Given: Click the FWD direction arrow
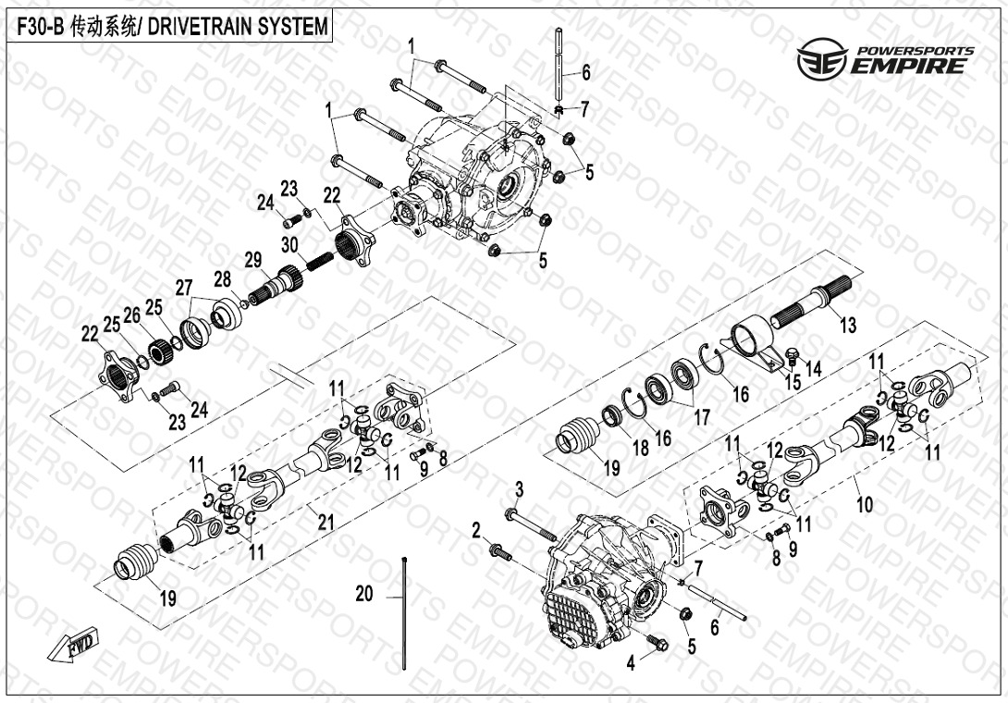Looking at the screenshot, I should click(81, 645).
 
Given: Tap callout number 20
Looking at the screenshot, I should click(364, 594).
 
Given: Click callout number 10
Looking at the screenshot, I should click(865, 505).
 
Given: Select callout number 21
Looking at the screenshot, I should click(325, 523).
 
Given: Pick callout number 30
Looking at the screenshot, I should click(290, 245).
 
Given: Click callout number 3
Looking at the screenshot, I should click(519, 487).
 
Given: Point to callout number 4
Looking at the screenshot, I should click(632, 661).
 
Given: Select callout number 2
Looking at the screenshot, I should click(476, 530).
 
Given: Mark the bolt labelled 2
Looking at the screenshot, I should click(500, 551).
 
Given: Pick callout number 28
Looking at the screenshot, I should click(222, 278).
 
